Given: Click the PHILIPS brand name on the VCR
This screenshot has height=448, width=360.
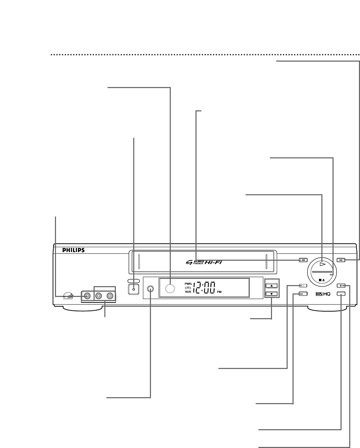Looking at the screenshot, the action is tap(73, 250).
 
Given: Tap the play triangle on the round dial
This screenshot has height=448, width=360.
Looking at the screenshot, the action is tap(322, 264).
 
